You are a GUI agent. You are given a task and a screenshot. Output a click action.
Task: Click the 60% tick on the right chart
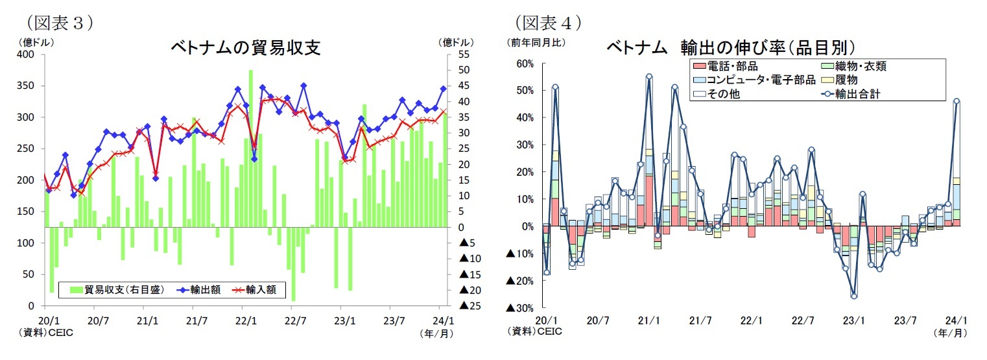tap(525, 64)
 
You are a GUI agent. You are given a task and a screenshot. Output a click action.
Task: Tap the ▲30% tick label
tap(521, 307)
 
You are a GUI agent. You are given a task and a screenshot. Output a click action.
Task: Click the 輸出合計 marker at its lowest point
tap(854, 296)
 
